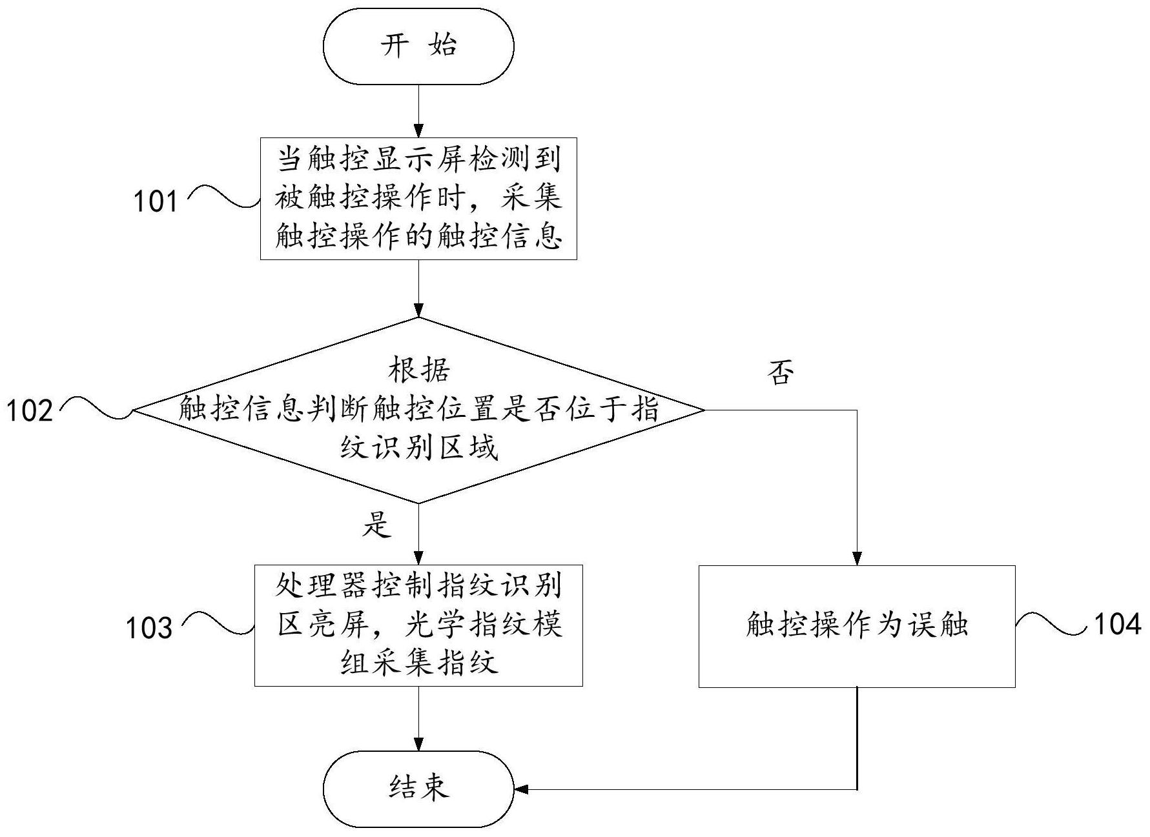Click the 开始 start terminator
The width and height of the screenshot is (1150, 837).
418,46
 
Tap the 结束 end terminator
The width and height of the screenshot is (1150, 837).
418,789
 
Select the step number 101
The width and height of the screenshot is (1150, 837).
155,201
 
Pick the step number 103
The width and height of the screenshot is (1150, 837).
149,628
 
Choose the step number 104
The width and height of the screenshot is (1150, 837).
1116,624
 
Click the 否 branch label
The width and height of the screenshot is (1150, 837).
780,373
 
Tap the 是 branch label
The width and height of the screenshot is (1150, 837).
376,525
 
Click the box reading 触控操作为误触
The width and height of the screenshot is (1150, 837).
857,626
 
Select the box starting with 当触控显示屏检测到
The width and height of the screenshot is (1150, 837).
418,199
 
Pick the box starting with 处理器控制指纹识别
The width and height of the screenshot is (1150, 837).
418,625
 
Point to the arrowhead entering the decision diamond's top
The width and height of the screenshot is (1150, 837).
418,310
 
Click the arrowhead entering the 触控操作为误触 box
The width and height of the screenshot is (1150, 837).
857,559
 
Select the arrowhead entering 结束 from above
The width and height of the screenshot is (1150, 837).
418,744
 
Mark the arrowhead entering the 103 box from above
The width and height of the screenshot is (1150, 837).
418,558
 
